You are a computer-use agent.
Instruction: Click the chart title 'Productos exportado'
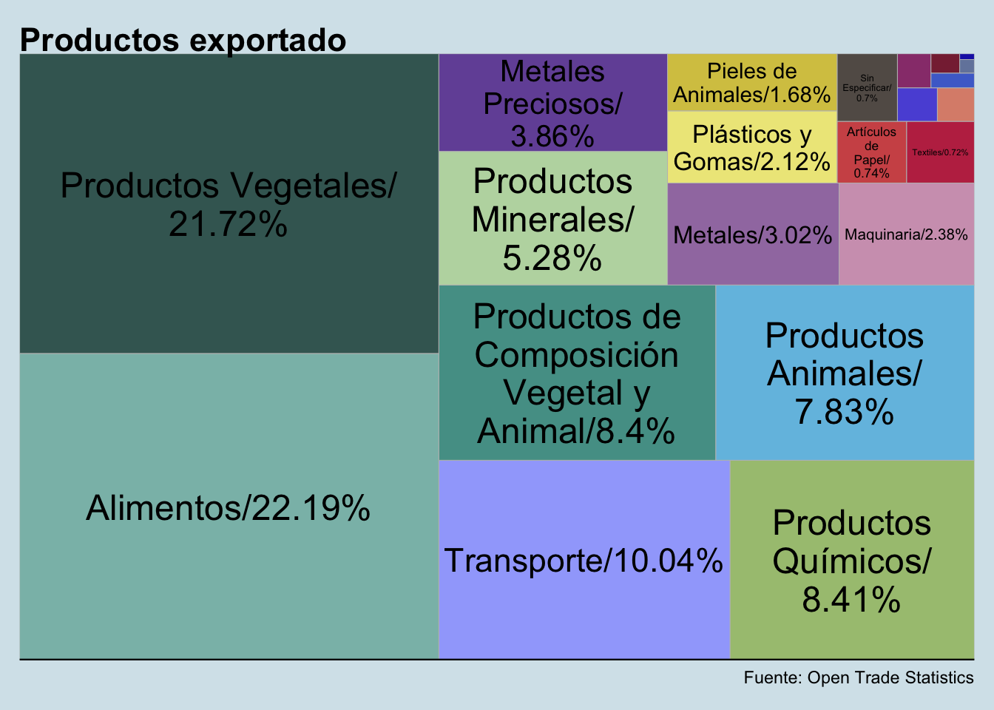click(x=183, y=40)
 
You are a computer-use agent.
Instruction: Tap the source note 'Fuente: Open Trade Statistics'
click(x=858, y=677)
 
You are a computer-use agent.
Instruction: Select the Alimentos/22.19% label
click(x=228, y=508)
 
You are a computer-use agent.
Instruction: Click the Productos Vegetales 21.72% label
click(x=228, y=204)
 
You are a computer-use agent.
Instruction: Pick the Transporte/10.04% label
click(x=583, y=561)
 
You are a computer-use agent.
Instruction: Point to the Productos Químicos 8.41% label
click(x=851, y=561)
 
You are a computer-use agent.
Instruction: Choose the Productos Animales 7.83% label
click(x=844, y=373)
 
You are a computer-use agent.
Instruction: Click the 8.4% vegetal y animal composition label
click(x=576, y=373)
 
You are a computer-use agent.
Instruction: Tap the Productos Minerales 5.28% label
click(x=552, y=220)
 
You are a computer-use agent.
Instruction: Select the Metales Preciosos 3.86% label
click(x=552, y=104)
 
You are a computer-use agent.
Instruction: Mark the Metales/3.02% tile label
click(x=752, y=235)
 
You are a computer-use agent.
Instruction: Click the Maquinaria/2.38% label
click(x=906, y=235)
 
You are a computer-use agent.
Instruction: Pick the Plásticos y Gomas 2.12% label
click(x=752, y=148)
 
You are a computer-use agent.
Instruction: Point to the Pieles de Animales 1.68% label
click(x=752, y=83)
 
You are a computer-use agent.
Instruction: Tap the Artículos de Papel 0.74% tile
click(x=871, y=152)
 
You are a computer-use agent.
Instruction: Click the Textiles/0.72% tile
click(x=940, y=152)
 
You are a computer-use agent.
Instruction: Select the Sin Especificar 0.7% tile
click(x=867, y=88)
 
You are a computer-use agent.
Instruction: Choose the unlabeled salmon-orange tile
click(x=956, y=104)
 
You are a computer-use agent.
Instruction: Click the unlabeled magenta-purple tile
click(x=913, y=71)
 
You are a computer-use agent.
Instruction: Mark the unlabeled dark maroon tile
click(x=944, y=63)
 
